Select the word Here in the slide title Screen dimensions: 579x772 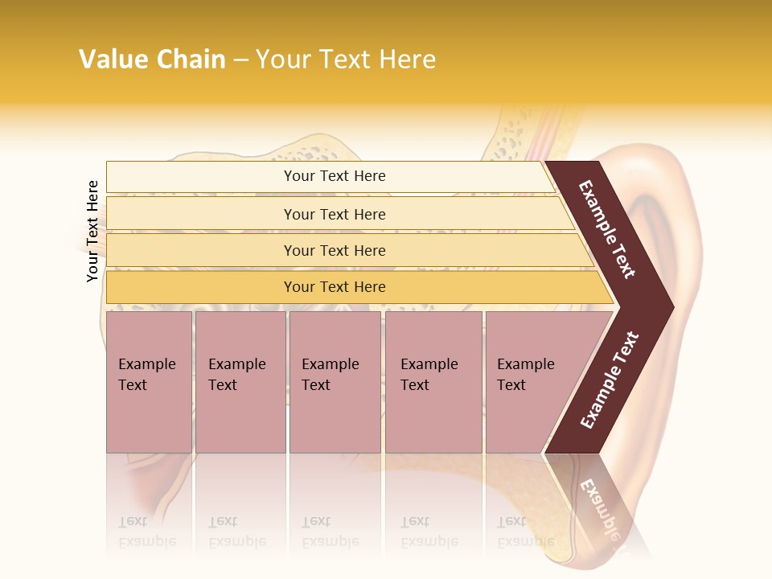(x=407, y=59)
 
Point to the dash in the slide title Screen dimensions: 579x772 (x=240, y=60)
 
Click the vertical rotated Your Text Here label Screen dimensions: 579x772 (x=92, y=231)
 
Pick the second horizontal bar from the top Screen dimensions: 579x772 (x=334, y=214)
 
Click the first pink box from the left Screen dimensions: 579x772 (x=149, y=382)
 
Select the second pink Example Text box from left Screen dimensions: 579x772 (x=240, y=382)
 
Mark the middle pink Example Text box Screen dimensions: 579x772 (x=335, y=382)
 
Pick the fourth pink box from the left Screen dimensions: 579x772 (x=433, y=382)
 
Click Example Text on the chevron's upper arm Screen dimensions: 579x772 (x=607, y=229)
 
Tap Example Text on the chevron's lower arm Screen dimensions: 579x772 (x=610, y=380)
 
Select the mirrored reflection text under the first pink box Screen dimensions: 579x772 (x=147, y=532)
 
